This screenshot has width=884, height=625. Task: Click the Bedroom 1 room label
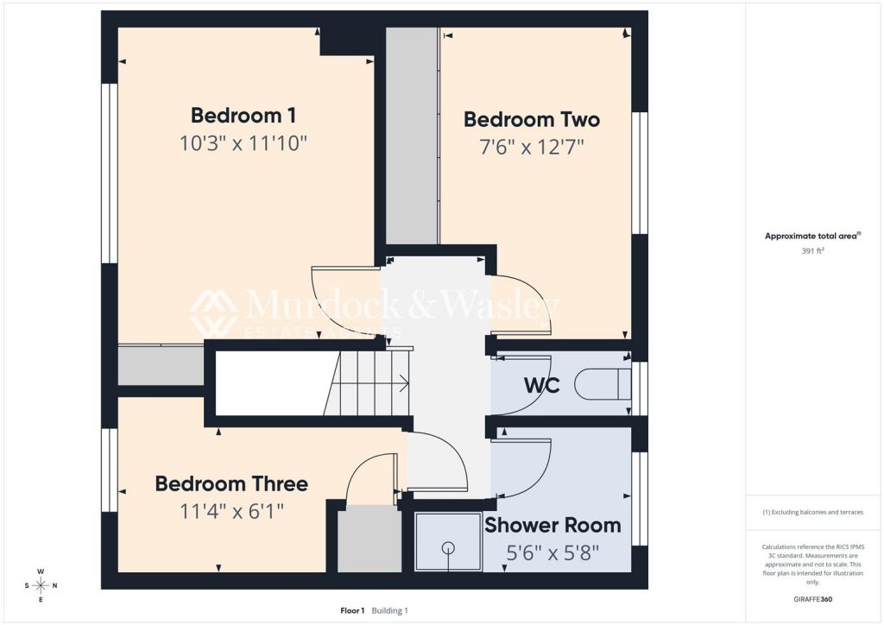click(243, 116)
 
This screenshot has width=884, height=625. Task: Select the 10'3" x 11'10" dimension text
click(243, 143)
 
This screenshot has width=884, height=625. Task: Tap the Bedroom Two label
click(532, 119)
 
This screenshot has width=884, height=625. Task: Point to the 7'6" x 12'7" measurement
click(532, 147)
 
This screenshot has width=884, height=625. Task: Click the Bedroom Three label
click(231, 483)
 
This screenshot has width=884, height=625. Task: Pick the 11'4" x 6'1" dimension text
click(231, 511)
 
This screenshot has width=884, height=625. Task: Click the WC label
click(542, 386)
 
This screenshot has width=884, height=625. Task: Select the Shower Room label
click(552, 525)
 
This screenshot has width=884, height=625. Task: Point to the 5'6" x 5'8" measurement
click(552, 552)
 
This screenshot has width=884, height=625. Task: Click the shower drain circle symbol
click(448, 546)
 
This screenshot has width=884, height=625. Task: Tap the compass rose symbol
click(41, 585)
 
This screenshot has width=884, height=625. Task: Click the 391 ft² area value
click(813, 251)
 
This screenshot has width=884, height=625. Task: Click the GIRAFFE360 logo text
click(813, 599)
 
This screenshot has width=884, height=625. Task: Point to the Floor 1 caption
click(352, 610)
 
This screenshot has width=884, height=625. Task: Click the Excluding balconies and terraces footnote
click(813, 512)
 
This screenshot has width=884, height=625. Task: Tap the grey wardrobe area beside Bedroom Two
click(412, 136)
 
